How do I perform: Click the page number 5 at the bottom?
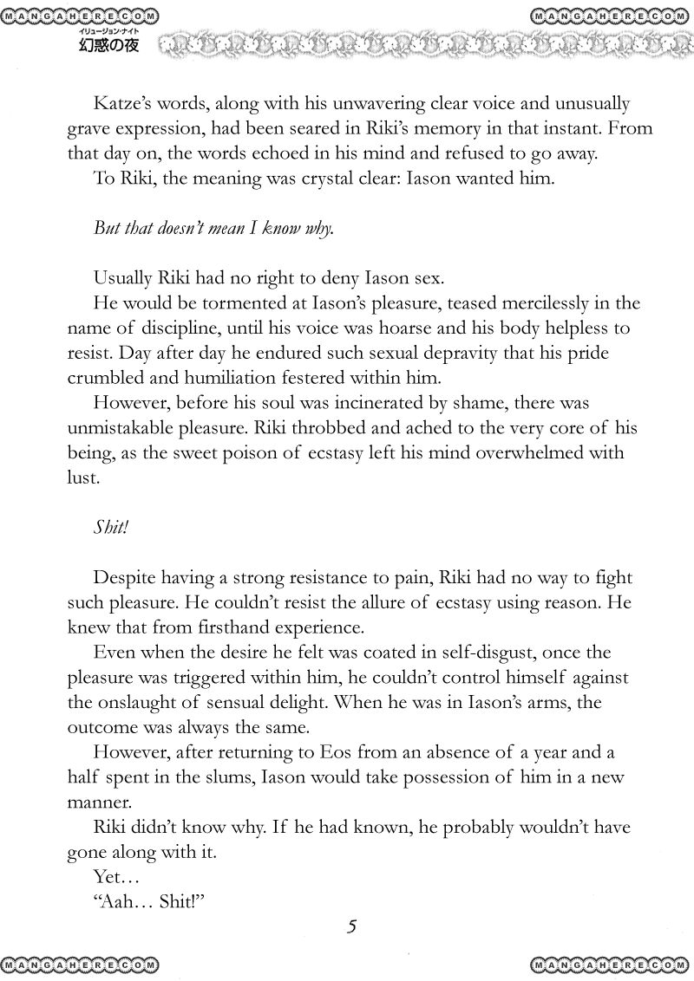(351, 926)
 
